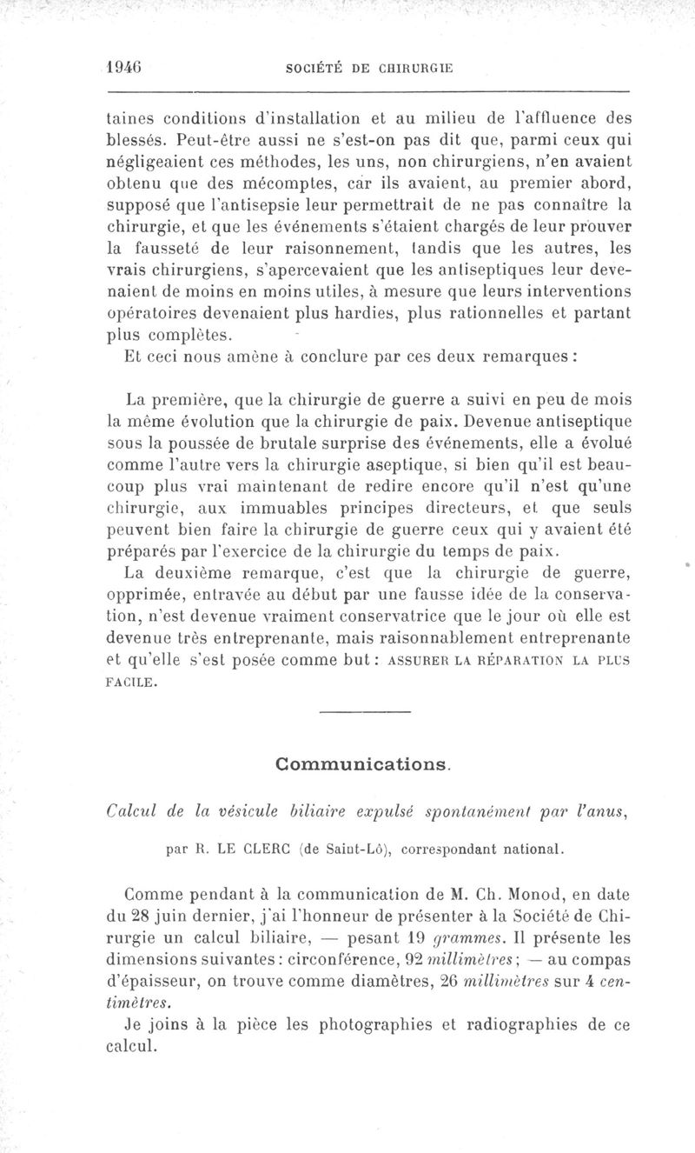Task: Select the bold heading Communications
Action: pos(363,764)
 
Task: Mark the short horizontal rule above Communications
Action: pos(364,714)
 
